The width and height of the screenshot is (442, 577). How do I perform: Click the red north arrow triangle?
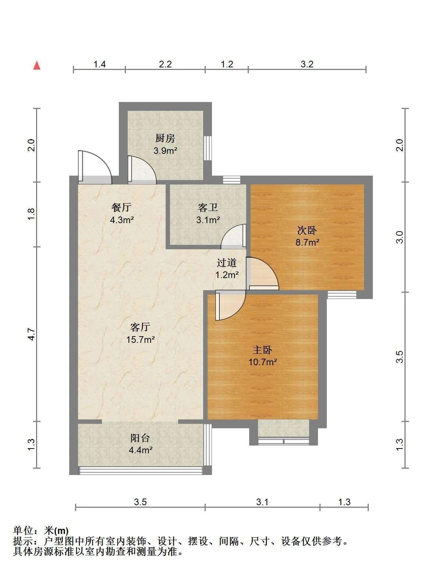(37, 65)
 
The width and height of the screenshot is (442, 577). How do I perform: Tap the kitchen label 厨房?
(165, 138)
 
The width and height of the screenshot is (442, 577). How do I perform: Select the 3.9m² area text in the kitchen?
(165, 151)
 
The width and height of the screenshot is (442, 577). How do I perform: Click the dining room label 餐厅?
(121, 207)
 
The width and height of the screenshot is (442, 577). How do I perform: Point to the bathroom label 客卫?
(208, 207)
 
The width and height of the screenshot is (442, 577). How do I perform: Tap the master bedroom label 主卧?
(262, 350)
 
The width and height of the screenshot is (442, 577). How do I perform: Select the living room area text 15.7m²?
(140, 339)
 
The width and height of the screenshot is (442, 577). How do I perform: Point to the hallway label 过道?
(227, 263)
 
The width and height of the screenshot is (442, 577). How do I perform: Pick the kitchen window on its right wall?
(208, 148)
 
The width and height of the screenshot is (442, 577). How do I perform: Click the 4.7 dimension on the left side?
(31, 334)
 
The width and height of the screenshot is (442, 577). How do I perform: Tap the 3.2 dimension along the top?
(307, 64)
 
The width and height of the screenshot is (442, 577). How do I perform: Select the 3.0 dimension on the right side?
(400, 237)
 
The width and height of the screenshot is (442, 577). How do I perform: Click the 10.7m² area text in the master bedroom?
(263, 362)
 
